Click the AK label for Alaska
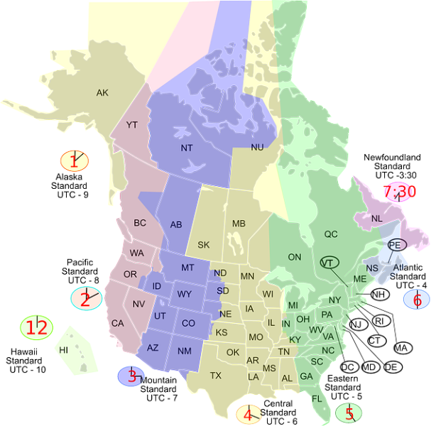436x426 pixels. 103,92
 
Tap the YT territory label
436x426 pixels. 132,125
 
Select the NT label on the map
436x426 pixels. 187,148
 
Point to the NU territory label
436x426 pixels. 257,146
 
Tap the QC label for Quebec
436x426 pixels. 331,234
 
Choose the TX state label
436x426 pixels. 216,375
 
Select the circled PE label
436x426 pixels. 396,244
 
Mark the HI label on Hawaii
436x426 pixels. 64,350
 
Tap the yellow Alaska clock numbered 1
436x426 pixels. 74,161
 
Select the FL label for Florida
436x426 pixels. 317,398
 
